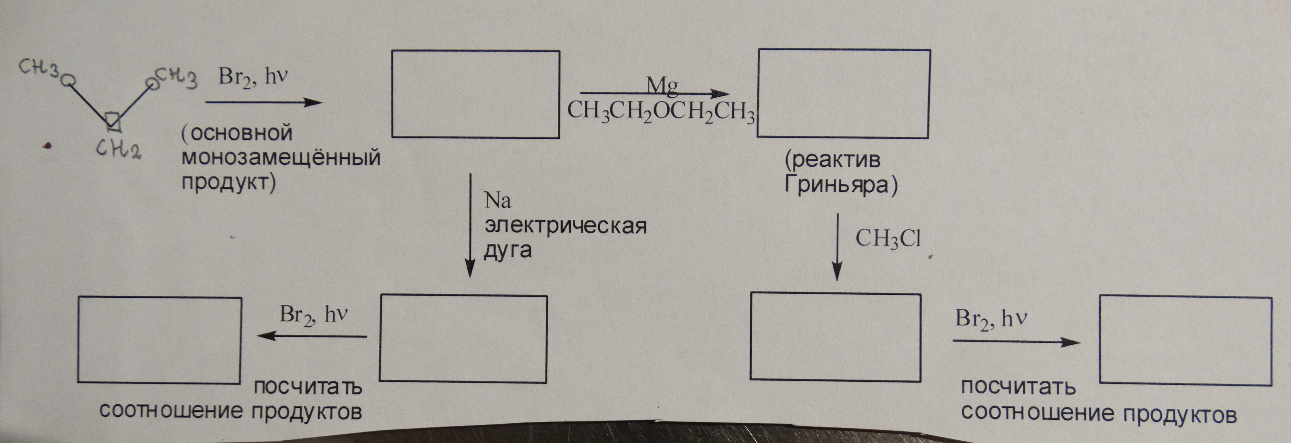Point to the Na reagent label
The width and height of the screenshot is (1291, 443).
click(x=498, y=200)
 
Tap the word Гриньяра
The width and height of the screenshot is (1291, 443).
click(x=841, y=185)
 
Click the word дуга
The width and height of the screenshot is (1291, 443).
click(x=507, y=250)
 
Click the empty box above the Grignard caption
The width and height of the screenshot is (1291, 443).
click(x=844, y=94)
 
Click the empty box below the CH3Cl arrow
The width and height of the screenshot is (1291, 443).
click(x=835, y=337)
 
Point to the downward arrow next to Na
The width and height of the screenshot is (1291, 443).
click(x=470, y=225)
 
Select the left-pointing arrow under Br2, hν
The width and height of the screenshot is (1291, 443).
click(x=312, y=336)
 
